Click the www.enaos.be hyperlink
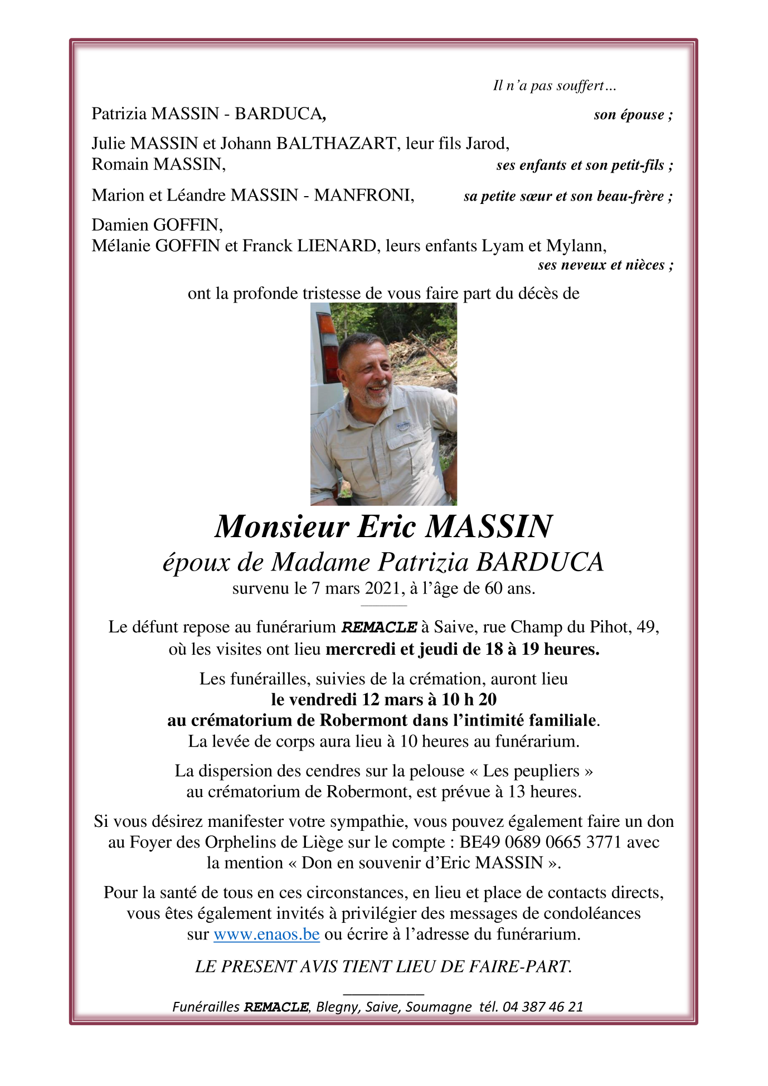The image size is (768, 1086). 266,934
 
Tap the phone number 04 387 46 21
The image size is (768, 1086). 543,1007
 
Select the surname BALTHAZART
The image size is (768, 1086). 336,144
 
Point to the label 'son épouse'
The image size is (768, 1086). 629,115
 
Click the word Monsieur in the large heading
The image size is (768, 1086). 282,526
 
